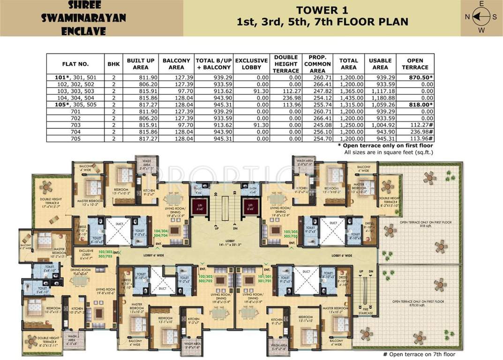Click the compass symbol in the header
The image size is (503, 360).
coord(480,18)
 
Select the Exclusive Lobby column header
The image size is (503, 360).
coord(251,64)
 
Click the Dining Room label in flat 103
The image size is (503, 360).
coord(79,271)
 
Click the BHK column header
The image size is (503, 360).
coord(113,64)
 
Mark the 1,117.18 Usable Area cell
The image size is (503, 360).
coord(380,90)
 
